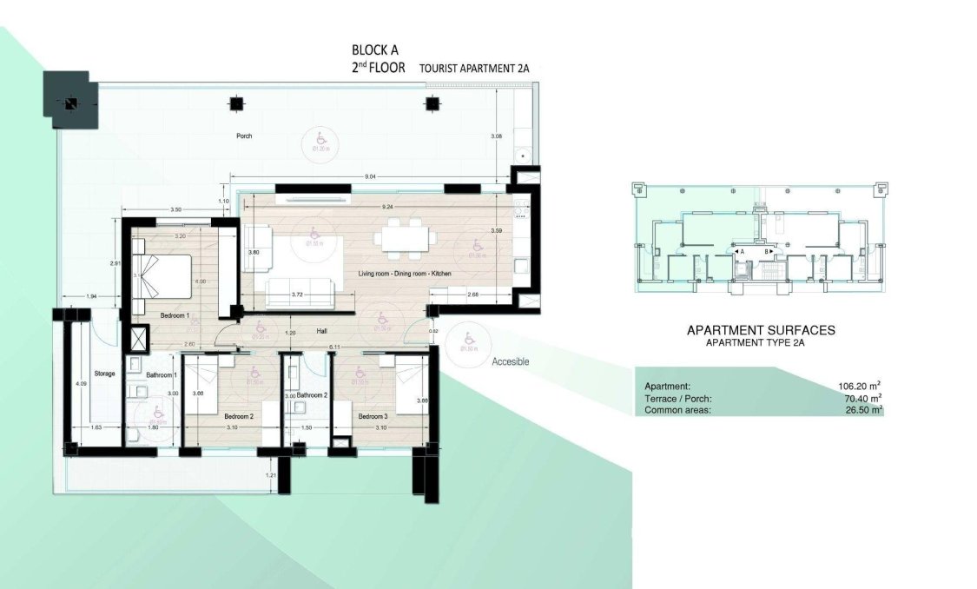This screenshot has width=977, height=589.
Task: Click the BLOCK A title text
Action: coord(375,50)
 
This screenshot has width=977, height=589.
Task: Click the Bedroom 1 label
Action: coord(175,315)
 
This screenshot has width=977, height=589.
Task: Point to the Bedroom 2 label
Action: coord(238,416)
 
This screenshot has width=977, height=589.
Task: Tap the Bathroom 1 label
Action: coord(162,374)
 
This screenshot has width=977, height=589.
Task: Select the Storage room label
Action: coord(104,374)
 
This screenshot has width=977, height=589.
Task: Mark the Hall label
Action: coord(321,331)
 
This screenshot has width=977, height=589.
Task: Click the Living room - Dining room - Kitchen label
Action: coord(405,274)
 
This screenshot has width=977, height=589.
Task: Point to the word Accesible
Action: coord(510,361)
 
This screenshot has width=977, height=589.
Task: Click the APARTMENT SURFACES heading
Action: coord(761,330)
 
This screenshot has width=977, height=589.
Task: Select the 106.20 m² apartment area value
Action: coord(861,386)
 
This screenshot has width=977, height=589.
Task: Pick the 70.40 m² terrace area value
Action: coord(862,398)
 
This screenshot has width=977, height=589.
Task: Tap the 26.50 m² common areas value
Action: coord(862,409)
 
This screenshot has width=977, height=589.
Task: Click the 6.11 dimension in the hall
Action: coord(333,347)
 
